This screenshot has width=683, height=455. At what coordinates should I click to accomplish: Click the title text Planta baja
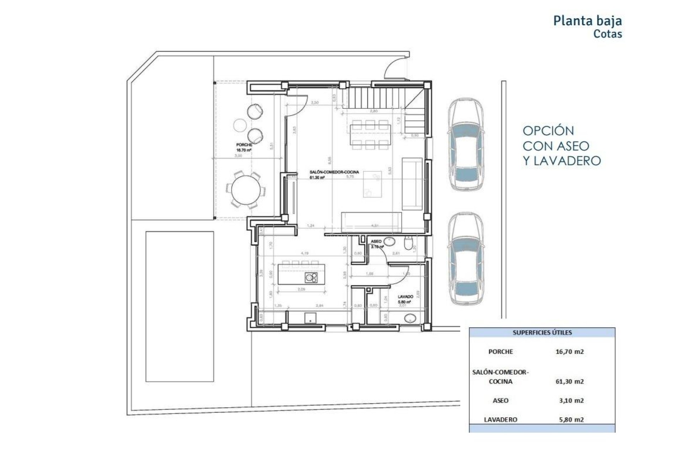click(587, 21)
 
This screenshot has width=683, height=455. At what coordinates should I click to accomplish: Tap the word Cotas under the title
click(607, 34)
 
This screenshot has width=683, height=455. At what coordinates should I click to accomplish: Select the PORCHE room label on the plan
click(244, 145)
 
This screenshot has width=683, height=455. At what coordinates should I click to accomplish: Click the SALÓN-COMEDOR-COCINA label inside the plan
click(334, 172)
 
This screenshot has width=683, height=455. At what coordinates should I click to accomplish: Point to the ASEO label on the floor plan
click(376, 241)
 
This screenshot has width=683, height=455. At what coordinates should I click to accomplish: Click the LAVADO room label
click(405, 296)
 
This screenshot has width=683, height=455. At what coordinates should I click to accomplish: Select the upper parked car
click(466, 145)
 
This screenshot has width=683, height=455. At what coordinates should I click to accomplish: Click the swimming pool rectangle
click(180, 306)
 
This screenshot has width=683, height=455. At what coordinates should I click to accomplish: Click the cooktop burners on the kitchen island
click(311, 278)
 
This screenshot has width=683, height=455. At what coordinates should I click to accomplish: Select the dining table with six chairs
click(370, 135)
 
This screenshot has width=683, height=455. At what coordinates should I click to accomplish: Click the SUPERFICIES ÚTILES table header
click(542, 333)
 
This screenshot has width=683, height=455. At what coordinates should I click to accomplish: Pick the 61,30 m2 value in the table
click(570, 382)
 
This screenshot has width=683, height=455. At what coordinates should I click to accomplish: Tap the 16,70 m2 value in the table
click(570, 352)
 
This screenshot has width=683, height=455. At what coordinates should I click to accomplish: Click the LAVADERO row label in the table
click(500, 420)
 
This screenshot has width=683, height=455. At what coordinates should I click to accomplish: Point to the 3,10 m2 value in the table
click(571, 401)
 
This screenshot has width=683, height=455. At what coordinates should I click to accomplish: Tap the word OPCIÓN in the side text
click(548, 131)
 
